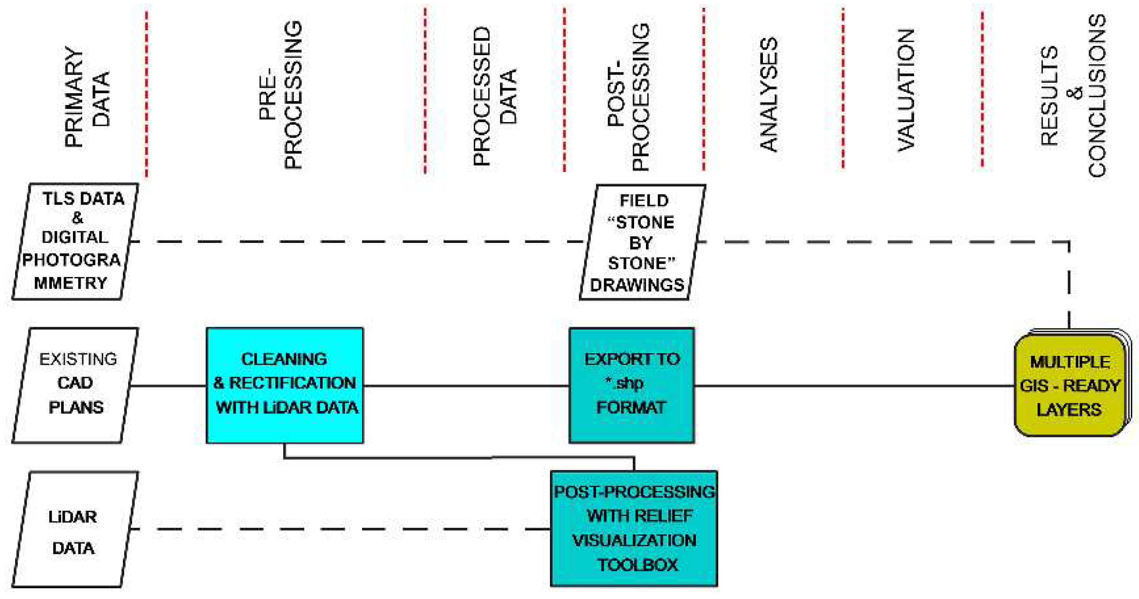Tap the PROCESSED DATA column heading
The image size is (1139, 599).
[x=494, y=96]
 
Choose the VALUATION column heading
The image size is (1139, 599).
[x=906, y=90]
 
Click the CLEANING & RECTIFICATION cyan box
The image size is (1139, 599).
[x=285, y=385]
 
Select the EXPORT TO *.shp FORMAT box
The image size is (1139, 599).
[x=632, y=385]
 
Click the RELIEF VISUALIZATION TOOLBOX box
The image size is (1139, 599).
[x=634, y=529]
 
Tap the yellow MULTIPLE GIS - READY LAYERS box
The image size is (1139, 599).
[x=1070, y=385]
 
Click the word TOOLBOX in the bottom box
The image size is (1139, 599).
[x=637, y=565]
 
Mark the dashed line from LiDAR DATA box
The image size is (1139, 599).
[x=341, y=529]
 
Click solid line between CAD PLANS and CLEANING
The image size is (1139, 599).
[x=168, y=386]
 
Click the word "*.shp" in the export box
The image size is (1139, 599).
[x=624, y=383]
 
